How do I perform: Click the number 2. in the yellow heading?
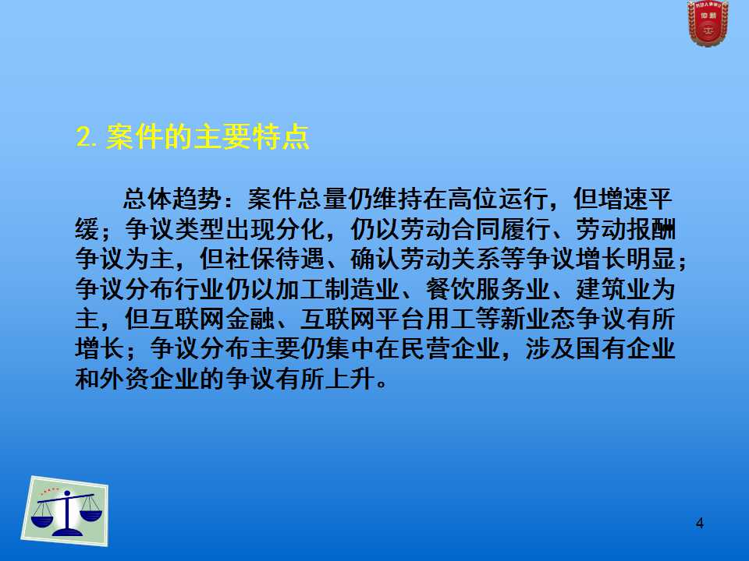click(87, 138)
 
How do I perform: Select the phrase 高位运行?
click(496, 199)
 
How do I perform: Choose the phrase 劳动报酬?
click(625, 229)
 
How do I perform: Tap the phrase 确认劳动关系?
click(426, 259)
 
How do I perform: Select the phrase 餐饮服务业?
click(488, 289)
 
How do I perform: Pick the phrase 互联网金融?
click(212, 319)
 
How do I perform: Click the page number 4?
click(700, 524)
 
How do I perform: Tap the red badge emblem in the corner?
click(708, 23)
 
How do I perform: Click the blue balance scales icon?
click(66, 512)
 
